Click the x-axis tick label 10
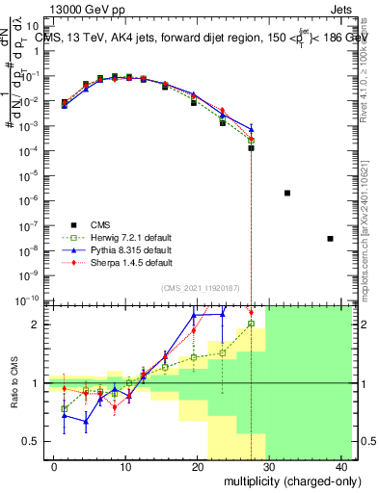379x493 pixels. tap(125, 466)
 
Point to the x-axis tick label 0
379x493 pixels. tap(54, 466)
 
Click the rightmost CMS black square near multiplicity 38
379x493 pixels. tap(330, 238)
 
